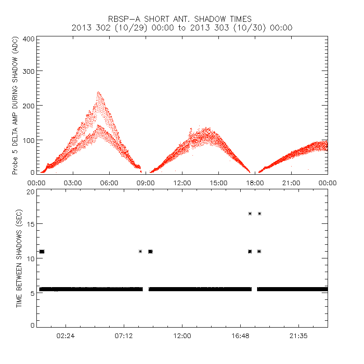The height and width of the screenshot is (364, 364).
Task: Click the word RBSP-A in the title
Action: click(x=124, y=19)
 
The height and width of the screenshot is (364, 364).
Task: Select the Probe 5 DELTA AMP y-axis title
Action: click(x=15, y=106)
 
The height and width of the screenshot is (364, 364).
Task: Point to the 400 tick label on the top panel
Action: click(x=29, y=39)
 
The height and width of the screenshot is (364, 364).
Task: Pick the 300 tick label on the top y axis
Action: click(x=29, y=71)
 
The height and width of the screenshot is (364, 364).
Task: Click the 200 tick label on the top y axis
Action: click(x=29, y=105)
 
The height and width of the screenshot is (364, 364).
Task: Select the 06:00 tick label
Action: click(x=109, y=183)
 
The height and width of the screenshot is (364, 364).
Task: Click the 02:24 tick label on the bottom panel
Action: click(x=66, y=336)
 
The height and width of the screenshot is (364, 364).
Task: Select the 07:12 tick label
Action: click(x=124, y=336)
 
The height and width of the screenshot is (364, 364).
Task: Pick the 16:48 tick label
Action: click(x=240, y=336)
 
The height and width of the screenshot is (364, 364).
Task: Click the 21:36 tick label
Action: click(x=298, y=336)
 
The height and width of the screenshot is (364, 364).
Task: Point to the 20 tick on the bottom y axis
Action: click(x=30, y=192)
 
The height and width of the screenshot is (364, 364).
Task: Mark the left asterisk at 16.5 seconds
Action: click(x=250, y=213)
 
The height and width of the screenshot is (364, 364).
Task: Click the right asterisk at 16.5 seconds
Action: click(x=259, y=213)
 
